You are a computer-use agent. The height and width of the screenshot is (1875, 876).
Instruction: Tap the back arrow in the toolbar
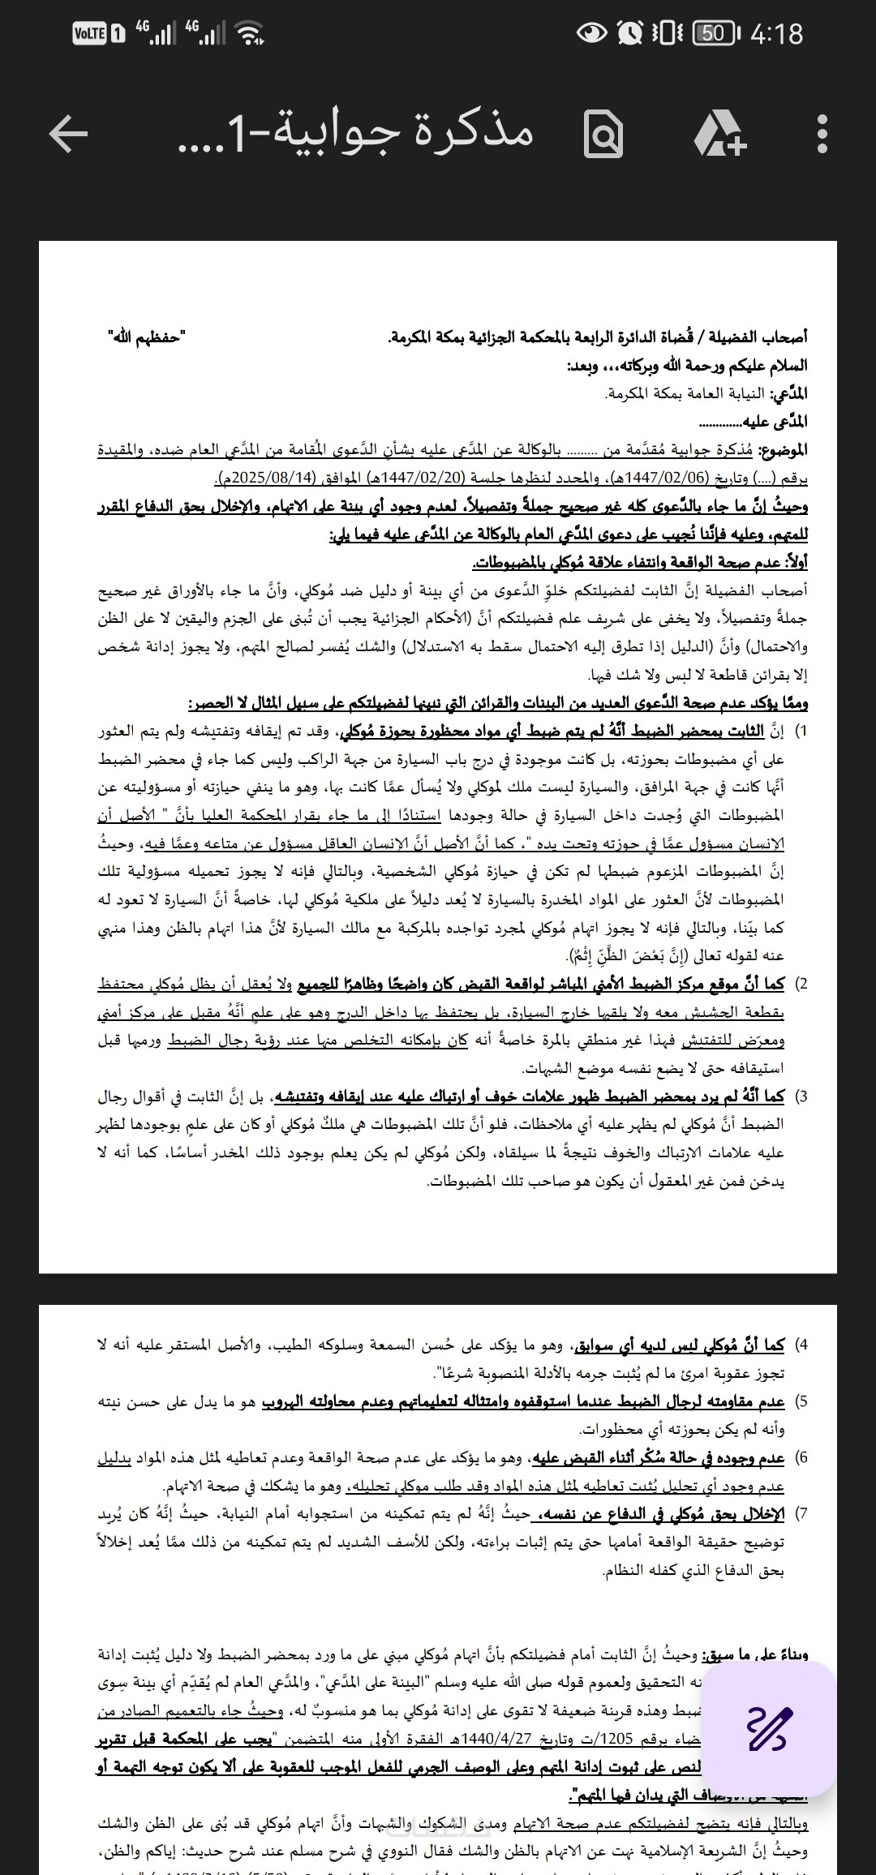68,134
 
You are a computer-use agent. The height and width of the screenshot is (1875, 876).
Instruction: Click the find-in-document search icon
603,135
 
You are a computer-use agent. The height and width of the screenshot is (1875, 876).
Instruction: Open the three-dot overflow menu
822,134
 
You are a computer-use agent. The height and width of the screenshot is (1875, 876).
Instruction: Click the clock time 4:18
776,34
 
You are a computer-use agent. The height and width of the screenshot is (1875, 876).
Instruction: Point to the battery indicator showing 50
715,33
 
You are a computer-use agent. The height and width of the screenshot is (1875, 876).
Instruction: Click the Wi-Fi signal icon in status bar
250,33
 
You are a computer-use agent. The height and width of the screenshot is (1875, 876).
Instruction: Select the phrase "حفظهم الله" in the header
146,336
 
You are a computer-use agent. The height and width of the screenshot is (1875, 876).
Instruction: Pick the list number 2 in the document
801,985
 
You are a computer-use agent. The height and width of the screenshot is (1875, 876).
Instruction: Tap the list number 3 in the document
801,1096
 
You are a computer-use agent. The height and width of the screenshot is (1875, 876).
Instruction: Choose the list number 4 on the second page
801,1345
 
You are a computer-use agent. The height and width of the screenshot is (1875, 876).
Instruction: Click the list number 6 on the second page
801,1458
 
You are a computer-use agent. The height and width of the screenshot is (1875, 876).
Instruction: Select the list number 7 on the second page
801,1514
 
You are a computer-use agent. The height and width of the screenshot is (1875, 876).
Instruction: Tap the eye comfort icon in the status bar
592,33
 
